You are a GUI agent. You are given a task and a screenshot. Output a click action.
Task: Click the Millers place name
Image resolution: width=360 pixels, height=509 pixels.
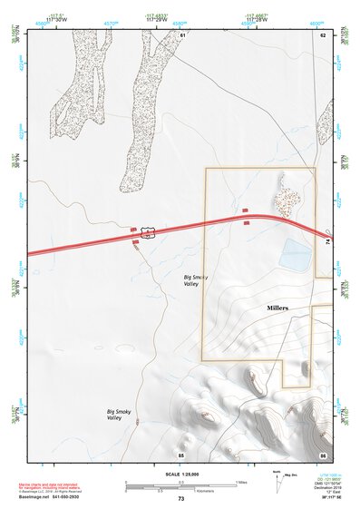(x=277, y=308)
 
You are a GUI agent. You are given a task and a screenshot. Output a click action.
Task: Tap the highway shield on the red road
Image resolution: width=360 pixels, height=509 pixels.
(x=147, y=234)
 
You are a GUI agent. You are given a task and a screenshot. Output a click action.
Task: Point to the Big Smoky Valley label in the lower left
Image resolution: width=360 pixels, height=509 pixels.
(x=113, y=415)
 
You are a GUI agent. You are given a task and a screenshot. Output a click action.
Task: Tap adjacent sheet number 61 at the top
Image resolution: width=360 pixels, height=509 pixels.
(x=182, y=34)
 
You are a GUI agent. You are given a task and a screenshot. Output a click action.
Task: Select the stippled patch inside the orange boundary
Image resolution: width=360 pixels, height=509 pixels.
(x=289, y=195)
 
